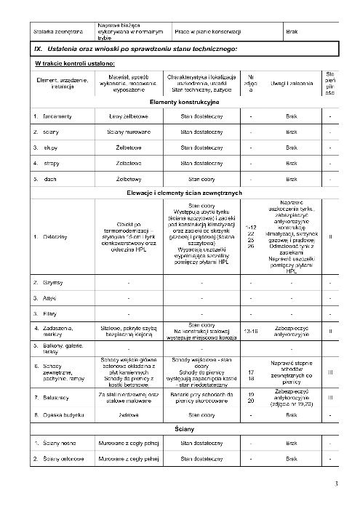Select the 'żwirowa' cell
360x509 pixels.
coord(129,415)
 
